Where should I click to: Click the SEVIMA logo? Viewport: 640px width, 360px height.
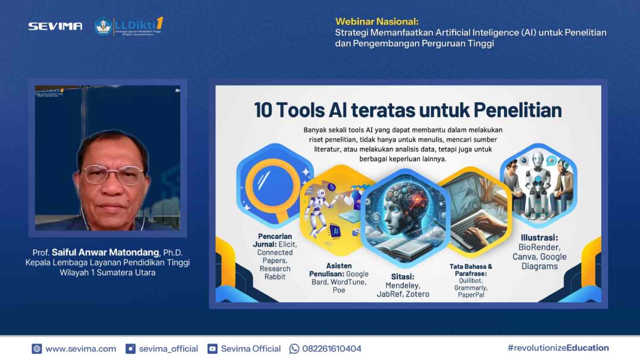(x=55, y=26)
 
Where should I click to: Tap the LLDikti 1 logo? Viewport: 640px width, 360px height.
(x=129, y=26)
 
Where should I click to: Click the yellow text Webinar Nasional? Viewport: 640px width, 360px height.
(x=377, y=21)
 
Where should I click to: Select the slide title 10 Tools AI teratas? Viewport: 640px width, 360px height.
(x=407, y=110)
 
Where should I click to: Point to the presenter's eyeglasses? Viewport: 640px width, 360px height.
(x=113, y=174)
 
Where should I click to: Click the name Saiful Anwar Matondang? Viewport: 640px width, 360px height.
(x=105, y=253)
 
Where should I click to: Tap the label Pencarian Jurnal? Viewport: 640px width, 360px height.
(x=274, y=240)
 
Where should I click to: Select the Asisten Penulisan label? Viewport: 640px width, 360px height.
(x=339, y=270)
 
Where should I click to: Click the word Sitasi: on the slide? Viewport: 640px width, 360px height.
(x=402, y=276)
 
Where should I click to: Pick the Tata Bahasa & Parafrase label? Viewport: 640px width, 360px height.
(x=471, y=270)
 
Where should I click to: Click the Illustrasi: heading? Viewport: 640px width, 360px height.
(x=539, y=238)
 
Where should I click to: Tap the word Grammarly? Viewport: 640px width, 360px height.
(x=471, y=288)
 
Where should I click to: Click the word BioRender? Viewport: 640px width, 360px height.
(x=539, y=247)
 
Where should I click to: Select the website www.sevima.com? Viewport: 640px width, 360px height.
(x=81, y=349)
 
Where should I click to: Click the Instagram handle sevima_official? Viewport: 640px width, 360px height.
(x=169, y=349)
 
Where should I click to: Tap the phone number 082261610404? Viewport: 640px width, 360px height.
(x=332, y=349)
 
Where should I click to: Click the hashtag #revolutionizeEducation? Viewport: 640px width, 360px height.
(x=558, y=348)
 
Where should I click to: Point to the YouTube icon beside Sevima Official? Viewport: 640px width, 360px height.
(x=212, y=349)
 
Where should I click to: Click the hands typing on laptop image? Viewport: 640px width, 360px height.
(x=478, y=218)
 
